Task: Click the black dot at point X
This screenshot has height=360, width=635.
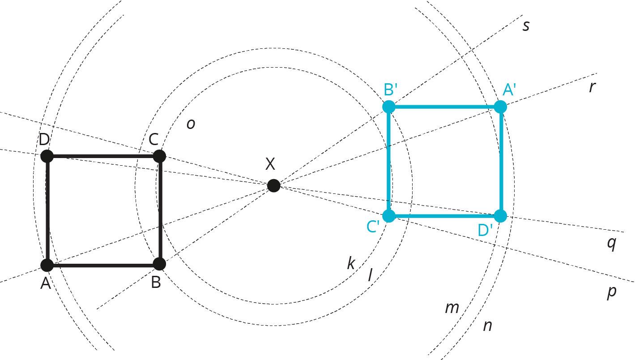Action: pos(273,185)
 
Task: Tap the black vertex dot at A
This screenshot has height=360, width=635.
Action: pos(47,265)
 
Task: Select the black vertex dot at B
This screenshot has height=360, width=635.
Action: pos(159,264)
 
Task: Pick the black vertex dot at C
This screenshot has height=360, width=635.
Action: pos(159,156)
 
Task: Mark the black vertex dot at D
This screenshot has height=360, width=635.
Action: pos(47,156)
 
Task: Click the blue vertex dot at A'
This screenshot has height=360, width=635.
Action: pos(500,107)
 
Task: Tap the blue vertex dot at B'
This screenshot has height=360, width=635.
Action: pos(388,107)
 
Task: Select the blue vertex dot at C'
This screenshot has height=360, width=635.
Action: pos(389,216)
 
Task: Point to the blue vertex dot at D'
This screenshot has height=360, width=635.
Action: pos(501,216)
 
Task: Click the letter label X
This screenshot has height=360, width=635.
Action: pos(270,165)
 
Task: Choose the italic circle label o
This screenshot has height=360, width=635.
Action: pos(191,124)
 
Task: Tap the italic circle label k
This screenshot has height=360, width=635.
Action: pos(351,263)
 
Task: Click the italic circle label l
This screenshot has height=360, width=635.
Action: pos(370,275)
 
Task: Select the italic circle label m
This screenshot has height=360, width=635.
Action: pos(452,308)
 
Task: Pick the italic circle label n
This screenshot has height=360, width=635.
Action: pos(487,326)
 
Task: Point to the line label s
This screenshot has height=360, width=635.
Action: pos(526,26)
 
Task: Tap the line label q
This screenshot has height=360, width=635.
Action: pos(611,244)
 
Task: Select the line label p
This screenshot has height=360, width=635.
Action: pos(611,292)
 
